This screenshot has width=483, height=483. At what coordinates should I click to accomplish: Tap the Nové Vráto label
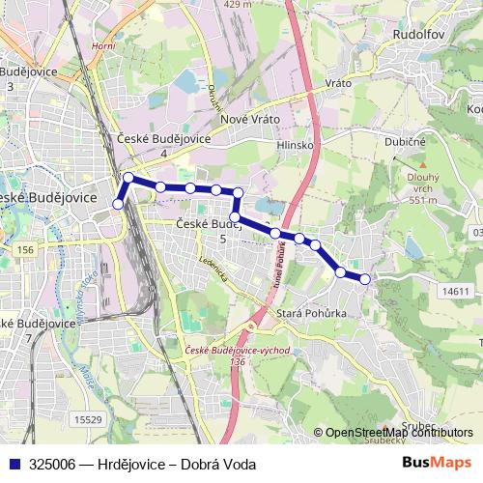pyautogui.click(x=250, y=118)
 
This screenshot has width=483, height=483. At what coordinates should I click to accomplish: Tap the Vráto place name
pyautogui.click(x=336, y=84)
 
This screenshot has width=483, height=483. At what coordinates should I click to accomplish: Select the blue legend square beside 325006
pyautogui.click(x=13, y=464)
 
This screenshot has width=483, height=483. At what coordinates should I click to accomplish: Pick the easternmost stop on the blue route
pyautogui.click(x=365, y=279)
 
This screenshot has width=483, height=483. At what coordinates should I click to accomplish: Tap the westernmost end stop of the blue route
pyautogui.click(x=119, y=204)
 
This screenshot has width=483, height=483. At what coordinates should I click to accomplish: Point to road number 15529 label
pyautogui.click(x=88, y=418)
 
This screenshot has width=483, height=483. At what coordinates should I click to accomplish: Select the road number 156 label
pyautogui.click(x=25, y=249)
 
